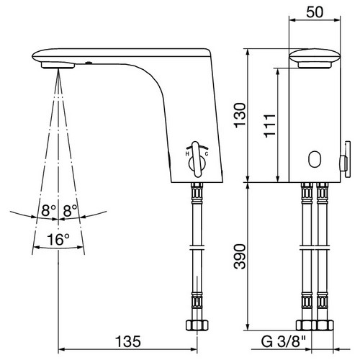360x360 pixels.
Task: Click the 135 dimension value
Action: point(128,341)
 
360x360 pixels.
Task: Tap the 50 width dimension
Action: point(315,12)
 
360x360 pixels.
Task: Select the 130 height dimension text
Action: point(240,115)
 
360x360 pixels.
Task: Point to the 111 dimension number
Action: point(269,126)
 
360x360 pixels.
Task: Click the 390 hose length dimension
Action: point(240,257)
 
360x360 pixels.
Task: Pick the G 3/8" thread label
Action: point(284,341)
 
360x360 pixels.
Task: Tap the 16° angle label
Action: point(58,239)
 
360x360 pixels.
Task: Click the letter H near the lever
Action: point(187,154)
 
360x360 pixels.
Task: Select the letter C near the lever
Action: point(207,154)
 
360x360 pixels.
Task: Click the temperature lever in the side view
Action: point(197,160)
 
